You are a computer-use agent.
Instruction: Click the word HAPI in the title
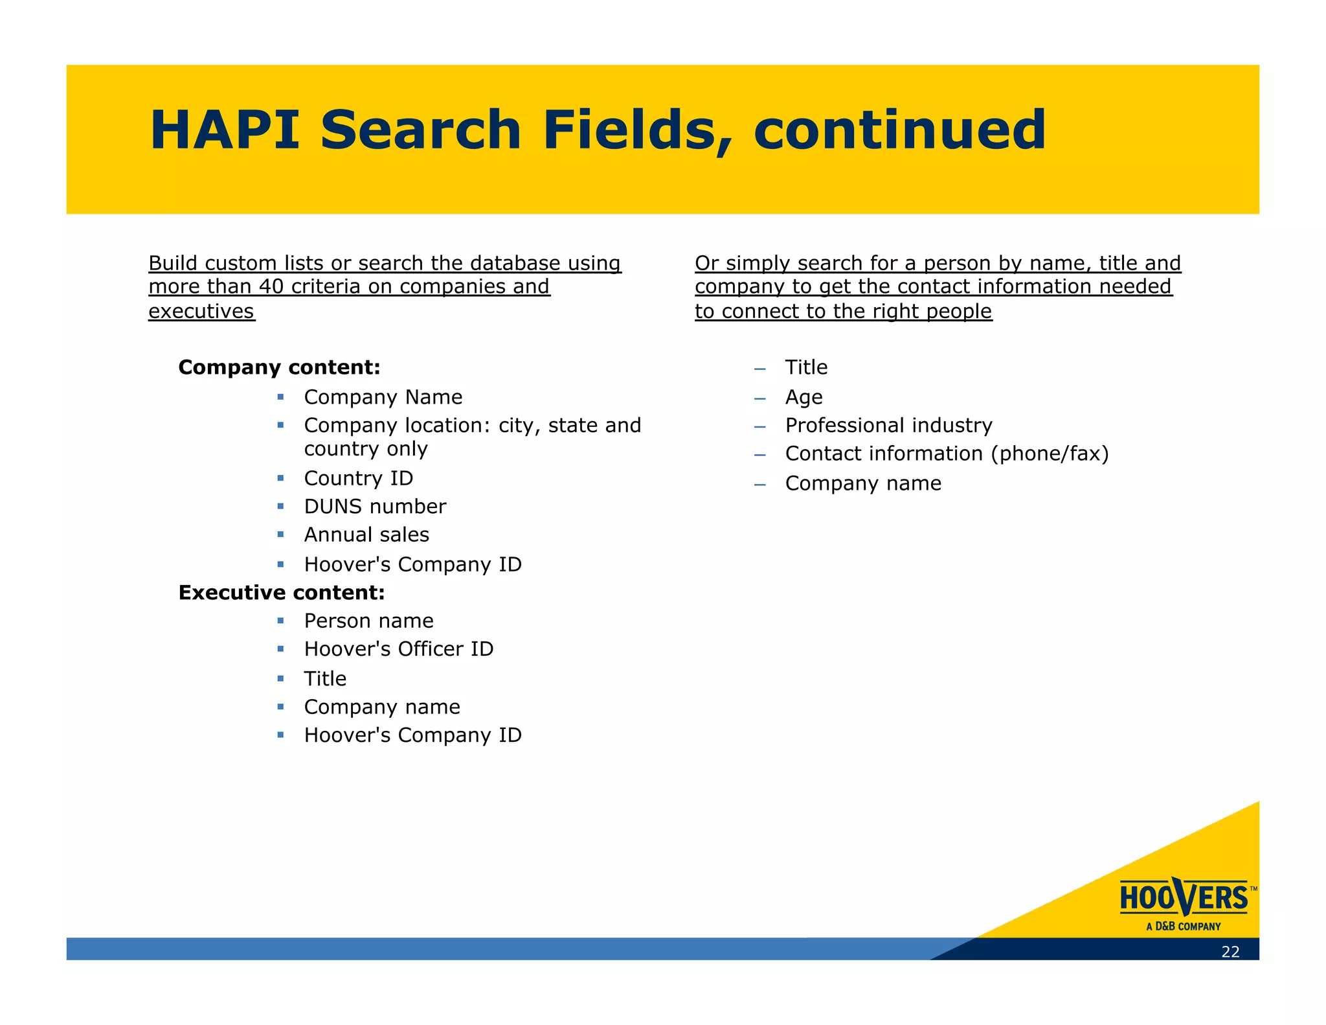pos(224,130)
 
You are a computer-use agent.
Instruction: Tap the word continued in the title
pos(899,130)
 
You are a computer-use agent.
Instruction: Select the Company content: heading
pos(279,367)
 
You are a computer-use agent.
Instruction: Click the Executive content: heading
pos(282,592)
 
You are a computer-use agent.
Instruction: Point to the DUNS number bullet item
pos(375,506)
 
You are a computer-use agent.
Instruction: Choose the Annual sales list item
pos(366,535)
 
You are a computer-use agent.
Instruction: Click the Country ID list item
pos(358,478)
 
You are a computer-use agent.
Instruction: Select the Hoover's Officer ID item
pos(398,649)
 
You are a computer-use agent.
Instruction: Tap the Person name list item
pos(368,621)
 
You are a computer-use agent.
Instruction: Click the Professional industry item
pos(888,425)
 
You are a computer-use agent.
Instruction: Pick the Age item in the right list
pos(803,397)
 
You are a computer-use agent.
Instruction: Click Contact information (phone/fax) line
pos(947,454)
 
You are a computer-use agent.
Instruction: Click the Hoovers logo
pos(1184,898)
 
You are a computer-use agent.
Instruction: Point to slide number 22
pos(1230,951)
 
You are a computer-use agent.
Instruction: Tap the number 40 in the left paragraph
pos(272,286)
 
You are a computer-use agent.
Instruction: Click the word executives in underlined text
pos(201,311)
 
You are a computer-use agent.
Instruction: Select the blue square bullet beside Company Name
pos(280,397)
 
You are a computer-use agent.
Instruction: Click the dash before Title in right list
pos(759,369)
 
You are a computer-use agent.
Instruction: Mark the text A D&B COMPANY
pos(1183,927)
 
